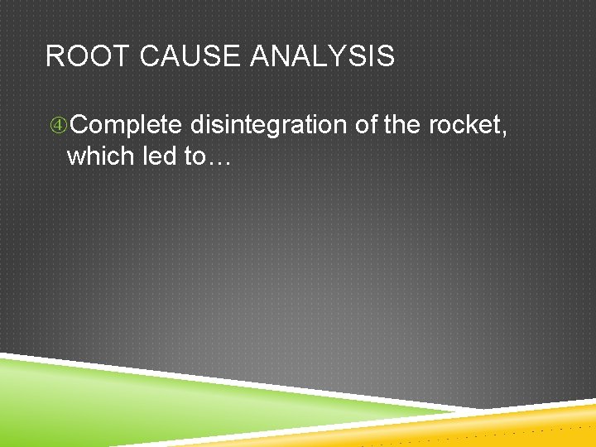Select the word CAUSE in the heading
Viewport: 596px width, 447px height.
188,57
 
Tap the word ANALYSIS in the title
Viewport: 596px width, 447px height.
322,57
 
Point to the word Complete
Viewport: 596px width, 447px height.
125,125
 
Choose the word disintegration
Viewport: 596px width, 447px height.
268,125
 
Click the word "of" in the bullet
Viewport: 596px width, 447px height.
366,125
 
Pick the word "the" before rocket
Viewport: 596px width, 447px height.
402,125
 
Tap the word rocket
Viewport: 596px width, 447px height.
463,125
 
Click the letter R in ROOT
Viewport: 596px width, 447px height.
54,57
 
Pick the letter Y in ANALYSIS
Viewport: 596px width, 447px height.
355,57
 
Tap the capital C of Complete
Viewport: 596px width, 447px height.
79,125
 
